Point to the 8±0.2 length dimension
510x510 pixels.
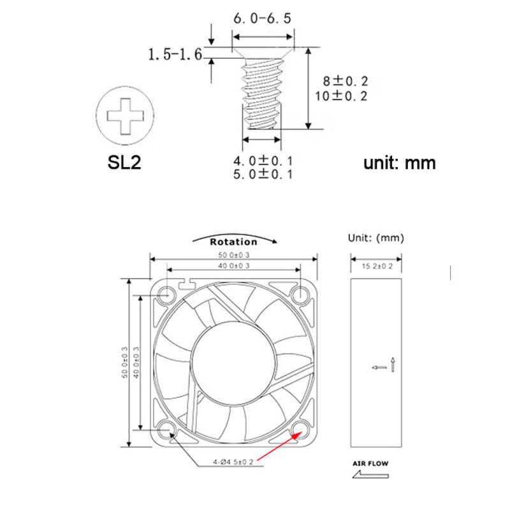tap(346, 81)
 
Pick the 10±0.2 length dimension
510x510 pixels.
tap(346, 96)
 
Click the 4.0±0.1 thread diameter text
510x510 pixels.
tap(263, 159)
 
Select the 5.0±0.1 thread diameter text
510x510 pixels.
tap(263, 173)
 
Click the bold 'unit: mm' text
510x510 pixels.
tap(400, 163)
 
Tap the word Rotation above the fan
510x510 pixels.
tap(233, 242)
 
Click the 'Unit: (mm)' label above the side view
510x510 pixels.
tap(376, 238)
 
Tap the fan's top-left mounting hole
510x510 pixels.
tap(168, 295)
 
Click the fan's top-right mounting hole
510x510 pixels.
tap(300, 295)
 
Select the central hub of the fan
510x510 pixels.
tap(234, 361)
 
